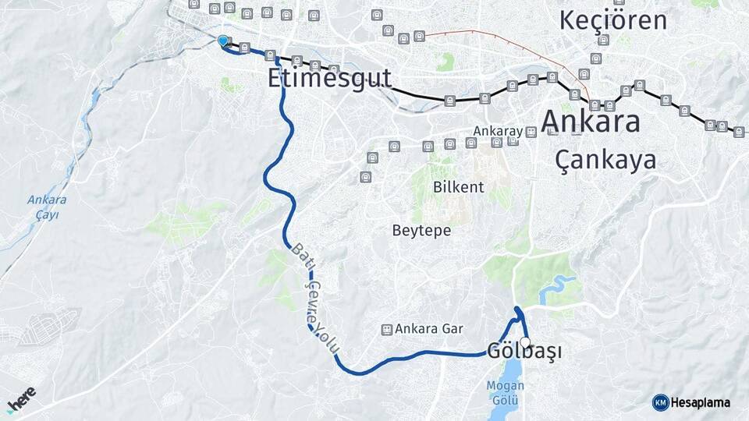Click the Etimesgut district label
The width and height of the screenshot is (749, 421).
328,77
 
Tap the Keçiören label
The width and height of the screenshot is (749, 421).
613,19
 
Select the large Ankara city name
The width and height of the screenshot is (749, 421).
591,122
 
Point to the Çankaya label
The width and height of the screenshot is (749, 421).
605,160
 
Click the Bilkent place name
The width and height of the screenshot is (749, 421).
459,187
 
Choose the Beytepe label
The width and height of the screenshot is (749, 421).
421,231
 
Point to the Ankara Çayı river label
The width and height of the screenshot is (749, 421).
47,207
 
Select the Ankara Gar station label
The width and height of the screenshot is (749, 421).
430,329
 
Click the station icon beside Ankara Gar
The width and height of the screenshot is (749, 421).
385,329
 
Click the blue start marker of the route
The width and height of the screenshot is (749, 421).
223,41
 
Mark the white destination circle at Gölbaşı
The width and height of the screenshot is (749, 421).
525,342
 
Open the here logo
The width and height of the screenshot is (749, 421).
22,399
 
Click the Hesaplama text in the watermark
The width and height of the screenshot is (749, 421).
701,402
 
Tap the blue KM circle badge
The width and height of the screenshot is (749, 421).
660,402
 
